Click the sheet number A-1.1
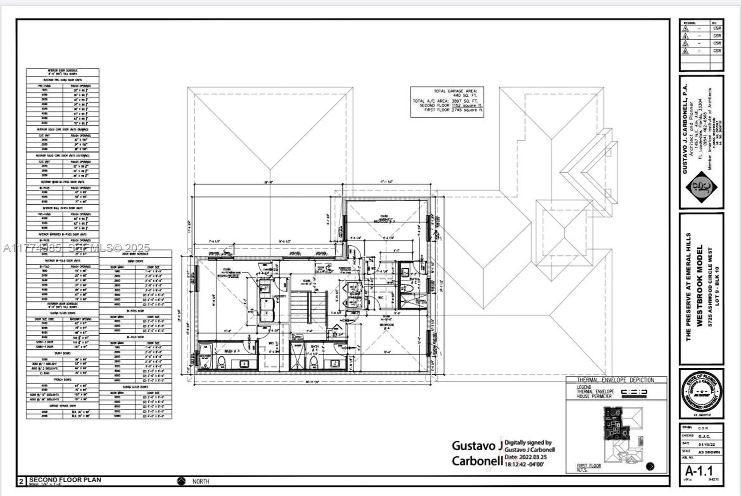pyautogui.click(x=699, y=471)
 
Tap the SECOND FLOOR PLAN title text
pyautogui.click(x=65, y=479)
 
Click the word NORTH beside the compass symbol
pyautogui.click(x=201, y=481)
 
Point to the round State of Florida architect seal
pyautogui.click(x=701, y=393)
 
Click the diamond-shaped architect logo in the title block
pyautogui.click(x=701, y=187)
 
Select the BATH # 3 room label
pyautogui.click(x=232, y=351)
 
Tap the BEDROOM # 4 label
pyautogui.click(x=387, y=325)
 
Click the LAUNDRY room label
pyautogui.click(x=279, y=296)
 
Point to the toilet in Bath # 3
pyautogui.click(x=222, y=362)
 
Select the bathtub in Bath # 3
pyautogui.click(x=205, y=357)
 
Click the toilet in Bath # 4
pyautogui.click(x=313, y=362)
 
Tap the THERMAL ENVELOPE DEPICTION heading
pyautogui.click(x=615, y=380)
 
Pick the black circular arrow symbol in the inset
pyautogui.click(x=650, y=466)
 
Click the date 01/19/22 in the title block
pyautogui.click(x=706, y=444)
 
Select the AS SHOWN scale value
pyautogui.click(x=709, y=452)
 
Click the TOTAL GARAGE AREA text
pyautogui.click(x=455, y=91)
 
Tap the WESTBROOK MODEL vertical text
pyautogui.click(x=699, y=286)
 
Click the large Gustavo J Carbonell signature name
pyautogui.click(x=477, y=454)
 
